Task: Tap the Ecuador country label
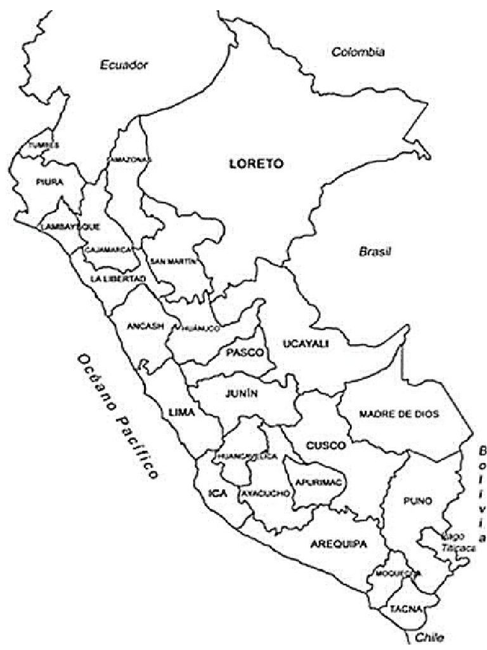point(124,64)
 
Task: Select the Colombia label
point(358,52)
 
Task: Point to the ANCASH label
point(145,326)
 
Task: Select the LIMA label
point(181,413)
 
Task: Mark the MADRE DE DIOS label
point(399,414)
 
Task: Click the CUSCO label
point(326,445)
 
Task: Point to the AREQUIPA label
point(339,544)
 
